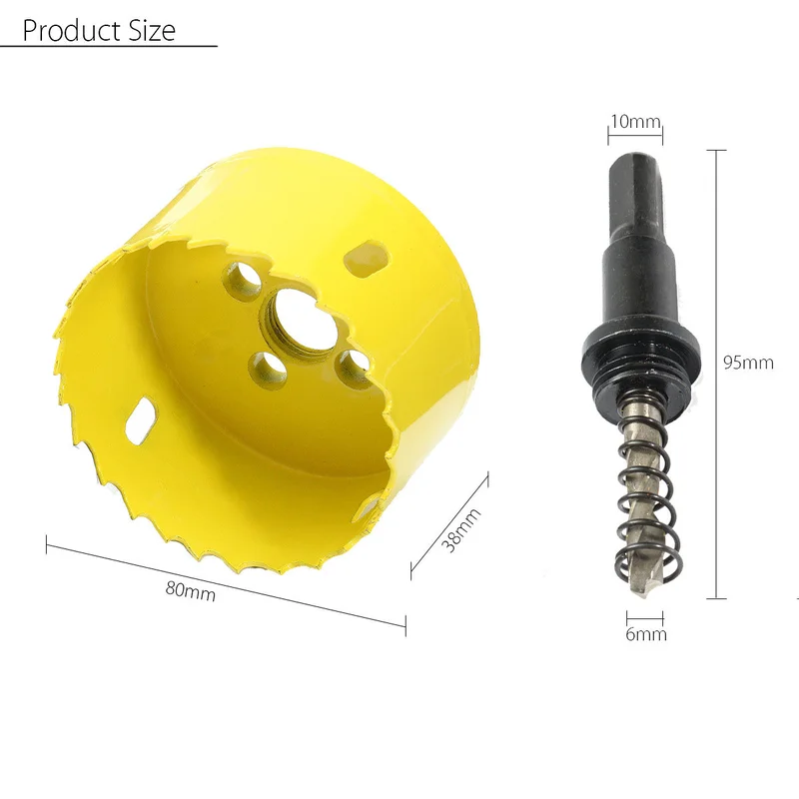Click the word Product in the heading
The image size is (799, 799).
(x=71, y=30)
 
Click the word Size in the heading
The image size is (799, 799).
(x=152, y=30)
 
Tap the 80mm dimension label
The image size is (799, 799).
(x=190, y=591)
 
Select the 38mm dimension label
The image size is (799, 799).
(x=460, y=530)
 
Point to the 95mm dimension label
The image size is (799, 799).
(x=748, y=363)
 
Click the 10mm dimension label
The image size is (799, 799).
(x=635, y=122)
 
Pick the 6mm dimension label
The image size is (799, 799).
(x=645, y=634)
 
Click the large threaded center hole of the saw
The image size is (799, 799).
(x=296, y=320)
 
